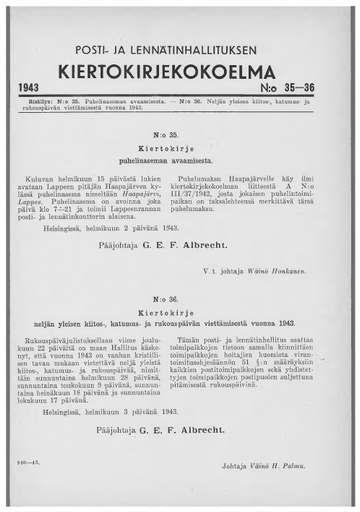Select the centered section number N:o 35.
180,133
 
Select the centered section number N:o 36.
180,298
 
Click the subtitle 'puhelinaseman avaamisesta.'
180,159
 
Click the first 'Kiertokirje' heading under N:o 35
180,146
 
